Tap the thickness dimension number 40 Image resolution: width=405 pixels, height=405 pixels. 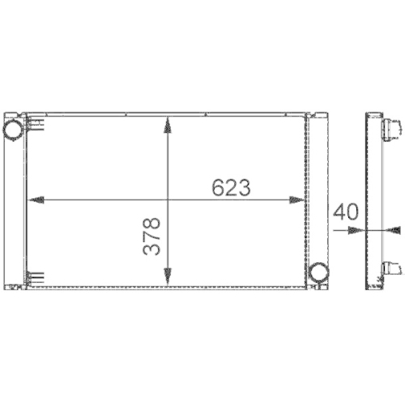[x=345, y=213]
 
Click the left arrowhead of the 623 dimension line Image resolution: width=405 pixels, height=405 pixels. [x=32, y=199]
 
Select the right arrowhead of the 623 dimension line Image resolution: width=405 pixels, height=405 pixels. [x=300, y=199]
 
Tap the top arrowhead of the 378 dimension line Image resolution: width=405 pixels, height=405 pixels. [x=168, y=122]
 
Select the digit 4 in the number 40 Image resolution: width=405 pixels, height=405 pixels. [x=339, y=213]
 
